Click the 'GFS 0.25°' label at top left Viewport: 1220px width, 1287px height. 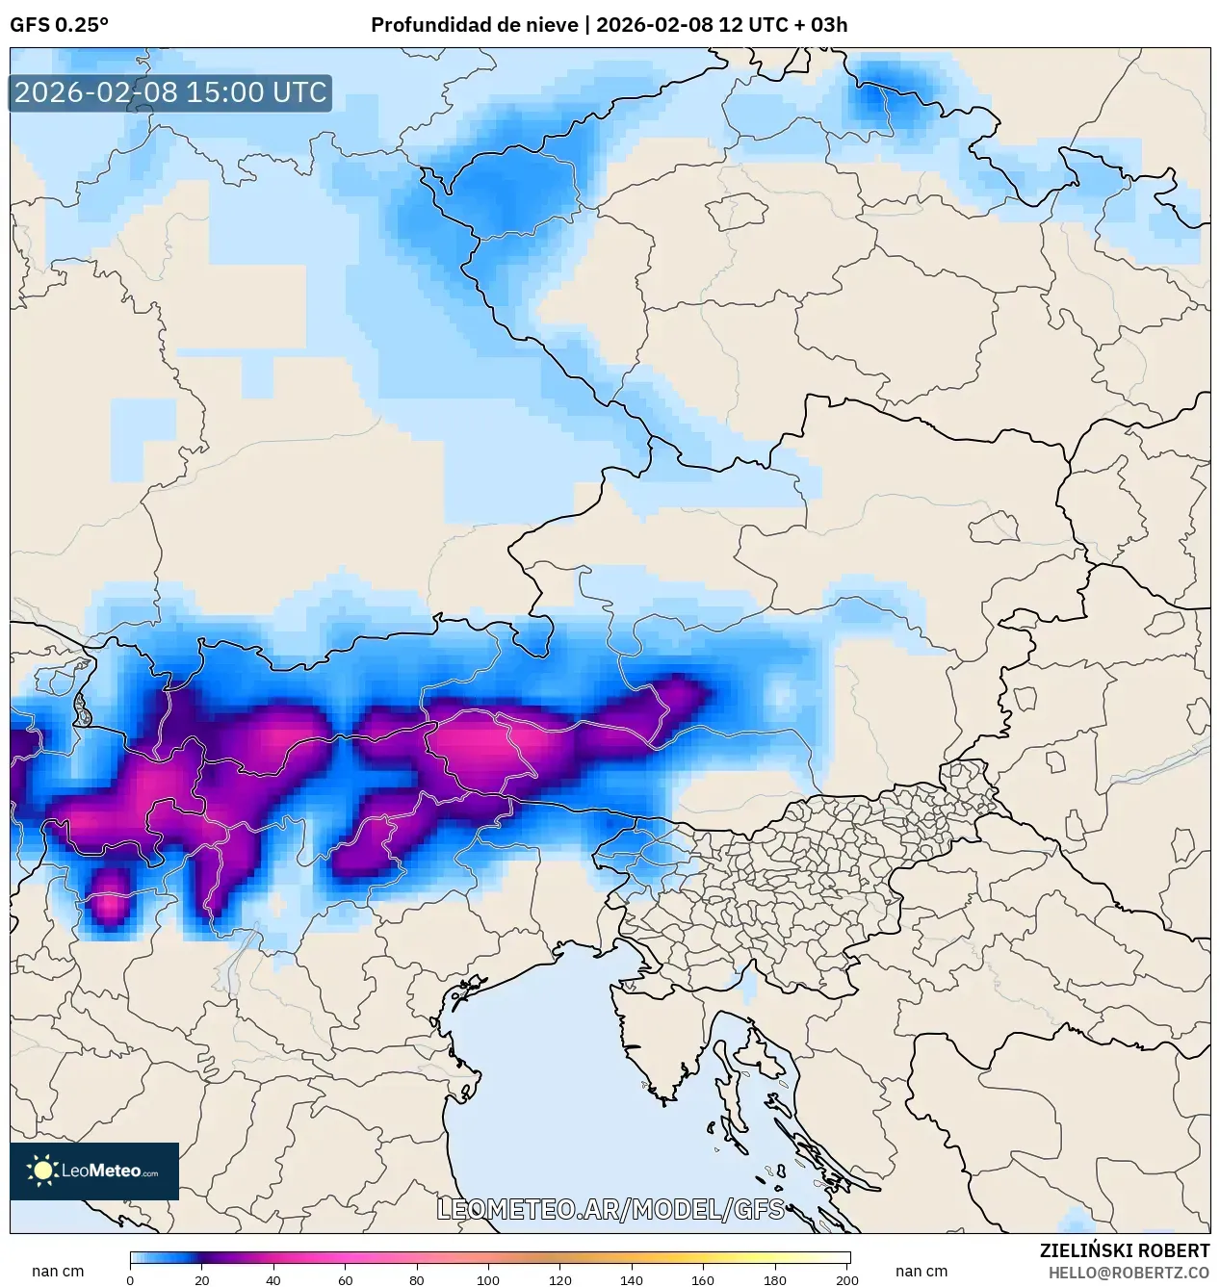tap(59, 25)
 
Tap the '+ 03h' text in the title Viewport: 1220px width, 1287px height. tap(817, 25)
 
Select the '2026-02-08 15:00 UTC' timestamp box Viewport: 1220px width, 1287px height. tap(170, 92)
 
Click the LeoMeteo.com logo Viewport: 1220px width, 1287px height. tap(94, 1171)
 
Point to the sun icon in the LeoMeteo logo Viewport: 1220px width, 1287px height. tap(42, 1171)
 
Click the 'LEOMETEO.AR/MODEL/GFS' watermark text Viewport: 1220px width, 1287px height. tap(610, 1209)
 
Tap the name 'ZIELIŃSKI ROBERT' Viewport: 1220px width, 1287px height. tap(1124, 1250)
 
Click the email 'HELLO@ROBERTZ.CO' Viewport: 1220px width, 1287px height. tap(1129, 1273)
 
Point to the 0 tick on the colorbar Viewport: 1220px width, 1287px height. tap(130, 1279)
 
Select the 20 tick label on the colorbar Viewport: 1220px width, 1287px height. tap(201, 1279)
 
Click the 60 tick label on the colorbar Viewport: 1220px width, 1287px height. tap(345, 1279)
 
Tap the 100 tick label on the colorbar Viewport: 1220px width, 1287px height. tap(488, 1279)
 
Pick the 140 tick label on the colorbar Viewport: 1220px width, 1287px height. tap(632, 1279)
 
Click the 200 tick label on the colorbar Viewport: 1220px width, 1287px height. tap(846, 1279)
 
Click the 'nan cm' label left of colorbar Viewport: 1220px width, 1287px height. tap(58, 1271)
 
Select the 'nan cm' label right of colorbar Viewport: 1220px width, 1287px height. tap(921, 1271)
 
